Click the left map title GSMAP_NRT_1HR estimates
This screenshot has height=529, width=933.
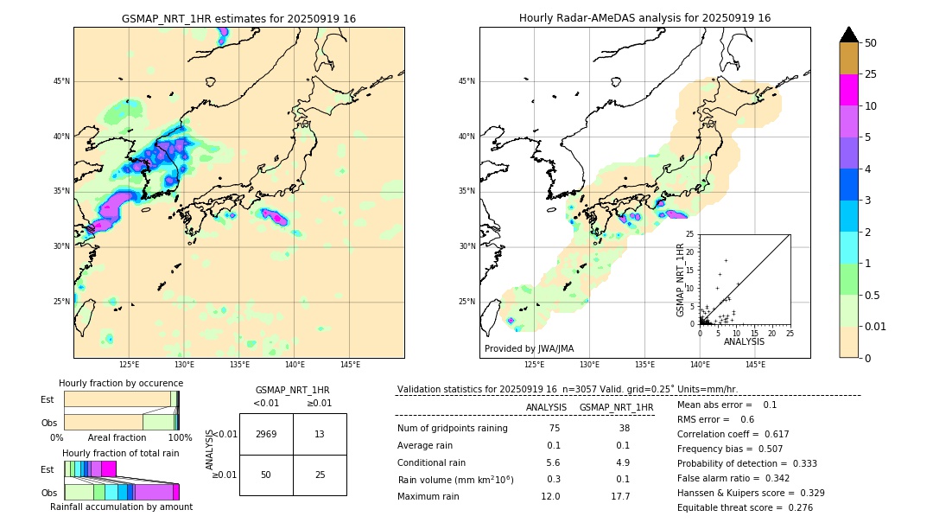(238, 18)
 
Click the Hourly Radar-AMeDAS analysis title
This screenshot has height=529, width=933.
(644, 18)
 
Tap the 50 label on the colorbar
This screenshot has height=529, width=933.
(871, 43)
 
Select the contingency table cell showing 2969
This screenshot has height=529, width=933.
(266, 434)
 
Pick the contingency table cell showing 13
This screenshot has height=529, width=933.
(320, 434)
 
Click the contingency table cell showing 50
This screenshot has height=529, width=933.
(266, 475)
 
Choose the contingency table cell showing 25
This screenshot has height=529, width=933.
(320, 475)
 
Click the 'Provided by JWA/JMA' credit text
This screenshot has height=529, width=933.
(529, 348)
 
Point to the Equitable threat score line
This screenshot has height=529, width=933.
(745, 507)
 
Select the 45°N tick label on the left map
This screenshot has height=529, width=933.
(61, 81)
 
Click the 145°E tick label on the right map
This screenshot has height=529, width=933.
(756, 365)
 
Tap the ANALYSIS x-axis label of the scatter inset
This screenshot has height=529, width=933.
(744, 341)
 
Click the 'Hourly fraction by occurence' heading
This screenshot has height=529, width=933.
(121, 383)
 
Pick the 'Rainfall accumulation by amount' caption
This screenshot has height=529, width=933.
(121, 507)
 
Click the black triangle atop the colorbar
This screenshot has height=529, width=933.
(849, 35)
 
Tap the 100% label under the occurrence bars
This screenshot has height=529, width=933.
(180, 438)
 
